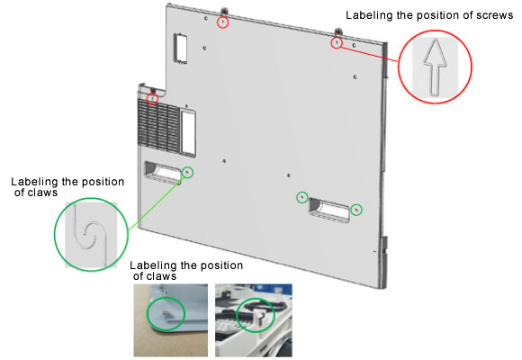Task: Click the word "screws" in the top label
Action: pos(494,15)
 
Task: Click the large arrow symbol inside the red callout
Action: pos(435,67)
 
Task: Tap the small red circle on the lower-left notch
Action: pos(152,99)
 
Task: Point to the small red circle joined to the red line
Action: pos(337,43)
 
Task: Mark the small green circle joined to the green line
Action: pos(188,172)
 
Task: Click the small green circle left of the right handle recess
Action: pos(301,197)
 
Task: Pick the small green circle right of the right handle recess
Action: pos(356,210)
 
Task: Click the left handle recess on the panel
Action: pos(163,172)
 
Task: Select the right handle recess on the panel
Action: pos(329,210)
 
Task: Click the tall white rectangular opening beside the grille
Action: pos(188,132)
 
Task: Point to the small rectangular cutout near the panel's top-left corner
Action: pos(180,49)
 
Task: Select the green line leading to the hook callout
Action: pos(156,202)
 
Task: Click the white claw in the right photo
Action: pos(258,319)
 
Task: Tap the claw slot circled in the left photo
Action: pos(166,313)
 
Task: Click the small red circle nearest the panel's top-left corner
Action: pos(222,22)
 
